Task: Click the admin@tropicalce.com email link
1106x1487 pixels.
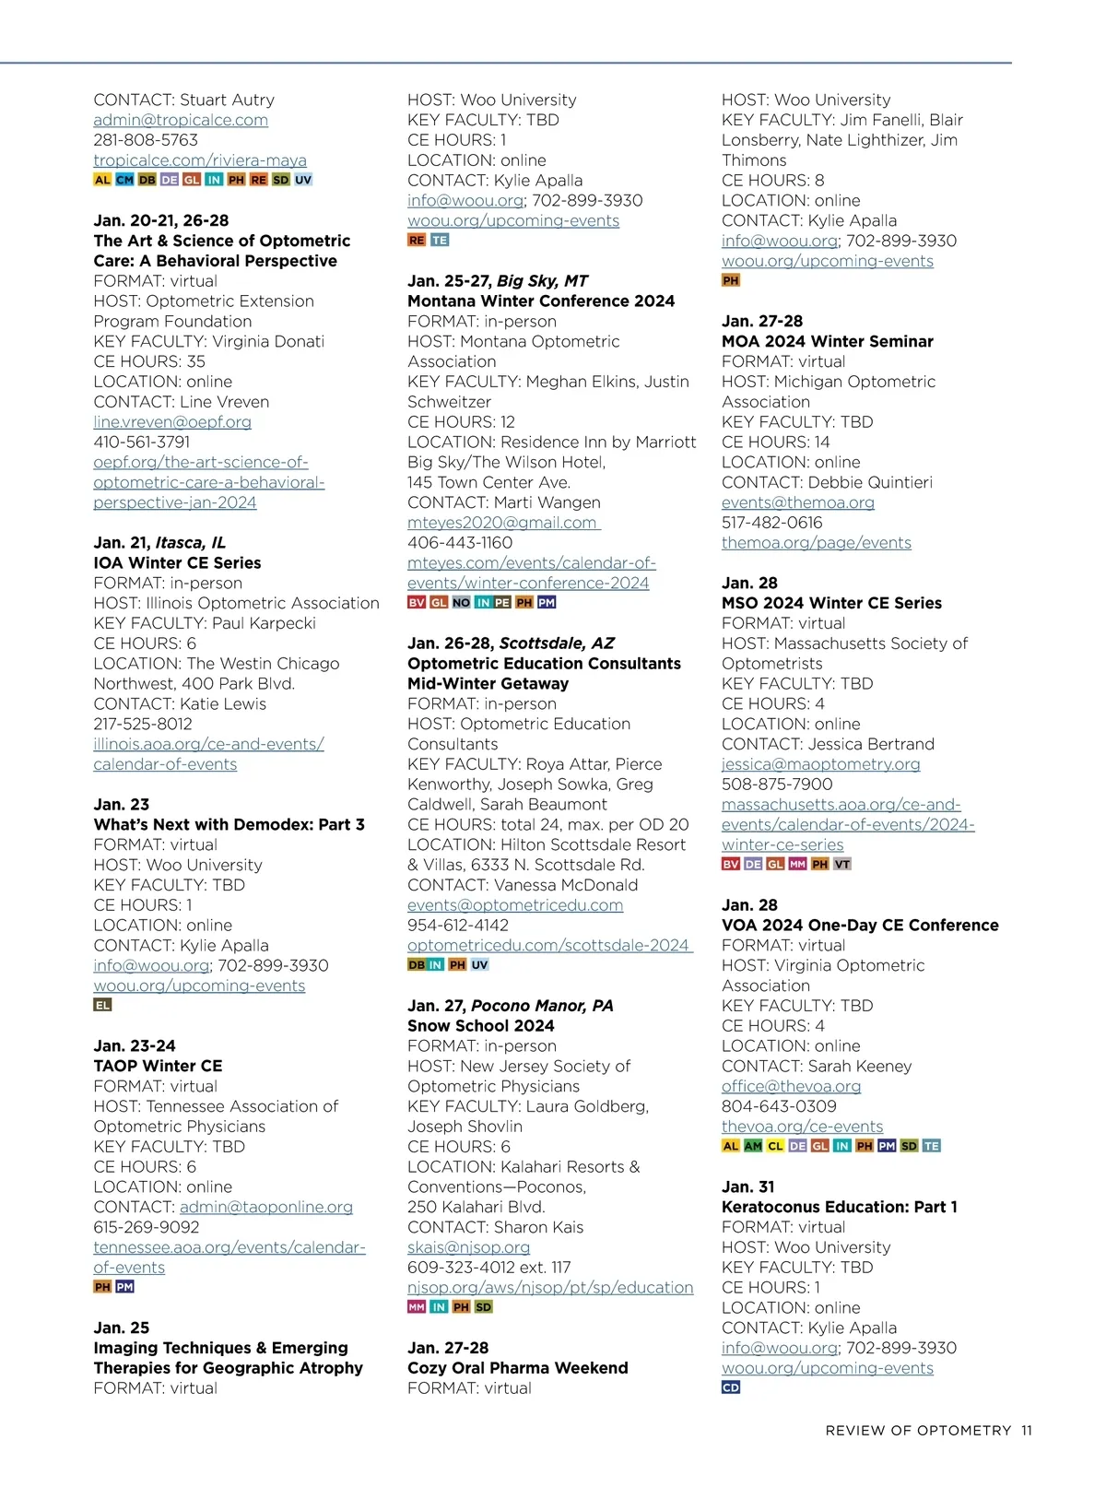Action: (x=181, y=120)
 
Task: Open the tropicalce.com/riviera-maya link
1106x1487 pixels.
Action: (x=200, y=160)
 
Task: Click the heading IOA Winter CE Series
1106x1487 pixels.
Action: (x=177, y=562)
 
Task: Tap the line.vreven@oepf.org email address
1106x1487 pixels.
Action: (x=172, y=421)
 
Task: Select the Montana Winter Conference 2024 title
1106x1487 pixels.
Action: (x=541, y=301)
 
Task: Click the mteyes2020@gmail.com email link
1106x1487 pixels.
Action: (x=502, y=523)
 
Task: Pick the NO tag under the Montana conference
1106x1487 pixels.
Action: (x=462, y=603)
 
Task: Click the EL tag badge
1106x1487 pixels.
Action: (x=102, y=1005)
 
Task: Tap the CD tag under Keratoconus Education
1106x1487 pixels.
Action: (x=731, y=1387)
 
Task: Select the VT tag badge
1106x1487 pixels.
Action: (x=842, y=865)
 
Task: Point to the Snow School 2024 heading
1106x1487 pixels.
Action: (x=481, y=1025)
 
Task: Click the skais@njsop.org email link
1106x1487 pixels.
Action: (x=468, y=1247)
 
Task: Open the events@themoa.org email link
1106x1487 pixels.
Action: (x=798, y=502)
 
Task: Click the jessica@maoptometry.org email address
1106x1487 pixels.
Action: (x=821, y=764)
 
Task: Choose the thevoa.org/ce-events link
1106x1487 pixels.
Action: (x=802, y=1127)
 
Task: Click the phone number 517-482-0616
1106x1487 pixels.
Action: (x=772, y=523)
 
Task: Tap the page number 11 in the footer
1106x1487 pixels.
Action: (x=1027, y=1431)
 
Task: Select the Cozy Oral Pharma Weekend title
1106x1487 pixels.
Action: (x=518, y=1368)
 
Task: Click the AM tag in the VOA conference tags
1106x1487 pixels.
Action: (x=753, y=1146)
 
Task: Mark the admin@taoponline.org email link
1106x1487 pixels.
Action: (x=266, y=1207)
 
